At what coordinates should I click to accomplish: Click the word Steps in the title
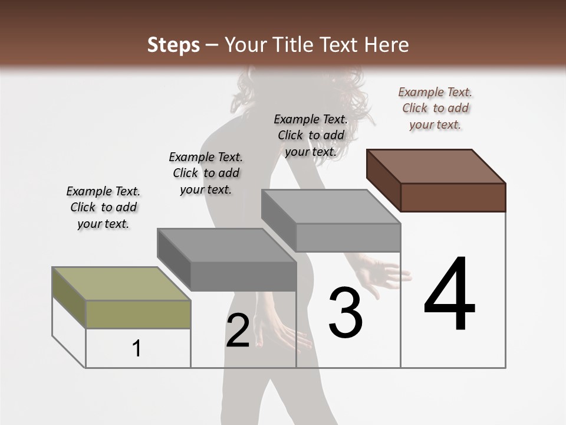click(x=173, y=45)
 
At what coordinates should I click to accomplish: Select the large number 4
click(x=449, y=295)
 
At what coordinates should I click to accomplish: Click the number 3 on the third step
click(x=345, y=313)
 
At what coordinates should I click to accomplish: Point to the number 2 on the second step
click(x=238, y=331)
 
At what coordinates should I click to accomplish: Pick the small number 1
click(x=137, y=348)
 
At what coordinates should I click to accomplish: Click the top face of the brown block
click(x=436, y=166)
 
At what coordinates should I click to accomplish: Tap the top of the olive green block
click(x=121, y=284)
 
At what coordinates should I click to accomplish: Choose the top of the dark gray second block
click(x=227, y=245)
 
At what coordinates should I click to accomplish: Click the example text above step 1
click(x=103, y=207)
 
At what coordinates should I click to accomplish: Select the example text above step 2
click(x=206, y=173)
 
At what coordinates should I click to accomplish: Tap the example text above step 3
click(x=311, y=135)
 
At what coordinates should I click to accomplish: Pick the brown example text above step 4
click(x=435, y=108)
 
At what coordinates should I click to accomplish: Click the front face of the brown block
click(x=453, y=197)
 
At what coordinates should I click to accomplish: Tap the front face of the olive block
click(x=139, y=314)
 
